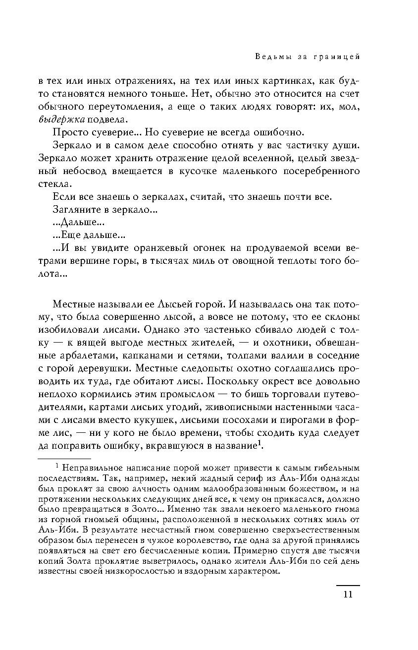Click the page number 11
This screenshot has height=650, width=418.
click(x=347, y=594)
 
